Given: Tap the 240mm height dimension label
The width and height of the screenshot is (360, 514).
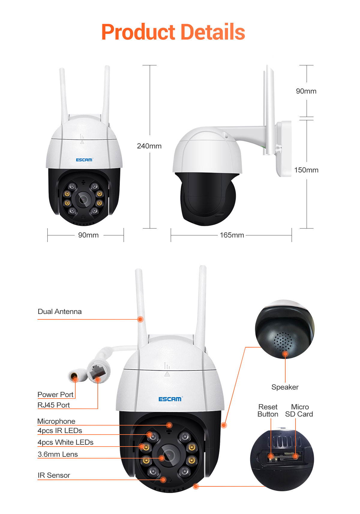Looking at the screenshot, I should pyautogui.click(x=149, y=146).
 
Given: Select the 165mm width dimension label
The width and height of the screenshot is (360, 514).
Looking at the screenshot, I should pyautogui.click(x=232, y=235).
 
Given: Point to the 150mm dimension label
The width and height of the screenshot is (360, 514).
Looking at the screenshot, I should pyautogui.click(x=306, y=170).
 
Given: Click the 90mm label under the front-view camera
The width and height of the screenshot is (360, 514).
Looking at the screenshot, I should pyautogui.click(x=88, y=235).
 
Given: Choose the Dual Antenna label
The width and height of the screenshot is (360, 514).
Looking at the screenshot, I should pyautogui.click(x=60, y=312).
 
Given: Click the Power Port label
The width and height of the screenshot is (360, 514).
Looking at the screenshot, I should pyautogui.click(x=55, y=394).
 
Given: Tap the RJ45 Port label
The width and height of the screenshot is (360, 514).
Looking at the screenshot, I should pyautogui.click(x=54, y=405).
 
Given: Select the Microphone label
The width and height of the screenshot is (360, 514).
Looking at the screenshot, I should pyautogui.click(x=56, y=421).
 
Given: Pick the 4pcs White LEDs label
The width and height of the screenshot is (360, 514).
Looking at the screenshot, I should pyautogui.click(x=65, y=442).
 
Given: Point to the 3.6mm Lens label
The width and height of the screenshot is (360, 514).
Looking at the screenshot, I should pyautogui.click(x=58, y=454).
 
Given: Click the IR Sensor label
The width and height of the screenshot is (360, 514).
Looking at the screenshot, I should pyautogui.click(x=54, y=475).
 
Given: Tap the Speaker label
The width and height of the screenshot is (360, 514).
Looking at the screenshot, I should pyautogui.click(x=285, y=387).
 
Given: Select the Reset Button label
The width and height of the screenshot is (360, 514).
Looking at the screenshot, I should pyautogui.click(x=268, y=411).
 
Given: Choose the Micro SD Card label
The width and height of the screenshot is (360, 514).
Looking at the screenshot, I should pyautogui.click(x=299, y=411).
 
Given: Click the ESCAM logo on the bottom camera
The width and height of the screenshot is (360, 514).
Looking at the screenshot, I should pyautogui.click(x=170, y=399).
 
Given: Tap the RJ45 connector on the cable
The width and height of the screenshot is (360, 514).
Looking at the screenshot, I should pyautogui.click(x=97, y=373).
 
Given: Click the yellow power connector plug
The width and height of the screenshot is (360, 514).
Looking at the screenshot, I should pyautogui.click(x=74, y=376).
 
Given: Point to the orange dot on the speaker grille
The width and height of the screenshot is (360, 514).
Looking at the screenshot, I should pyautogui.click(x=285, y=354).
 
